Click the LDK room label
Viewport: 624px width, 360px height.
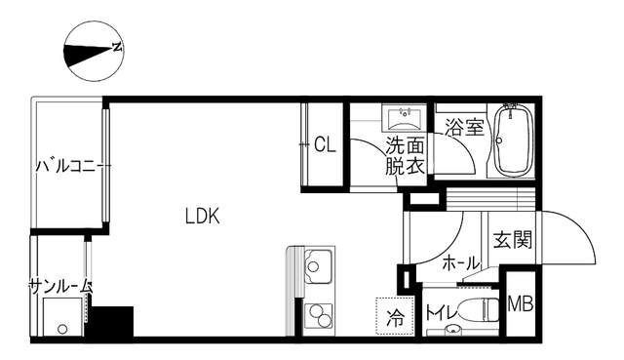(x=202, y=217)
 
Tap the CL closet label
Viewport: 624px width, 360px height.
(x=325, y=144)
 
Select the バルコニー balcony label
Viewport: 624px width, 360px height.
(x=72, y=166)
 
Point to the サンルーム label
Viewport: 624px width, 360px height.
(x=60, y=286)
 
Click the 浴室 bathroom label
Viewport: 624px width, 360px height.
(x=464, y=127)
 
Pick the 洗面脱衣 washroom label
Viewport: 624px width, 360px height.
(x=405, y=156)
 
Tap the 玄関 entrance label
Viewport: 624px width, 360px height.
(x=513, y=239)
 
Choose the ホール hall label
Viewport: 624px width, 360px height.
(x=461, y=263)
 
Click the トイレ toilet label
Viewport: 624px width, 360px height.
(x=442, y=313)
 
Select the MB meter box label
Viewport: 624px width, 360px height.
(x=520, y=305)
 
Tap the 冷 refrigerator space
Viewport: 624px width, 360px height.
(x=396, y=316)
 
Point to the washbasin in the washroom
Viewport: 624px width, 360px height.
(x=404, y=117)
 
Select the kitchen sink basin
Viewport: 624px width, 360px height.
(x=318, y=266)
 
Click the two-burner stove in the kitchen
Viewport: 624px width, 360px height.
(x=319, y=316)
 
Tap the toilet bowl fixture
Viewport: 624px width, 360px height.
(x=479, y=308)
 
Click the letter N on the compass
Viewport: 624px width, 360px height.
(x=117, y=47)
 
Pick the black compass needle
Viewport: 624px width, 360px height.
(x=88, y=55)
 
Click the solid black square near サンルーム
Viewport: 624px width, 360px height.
(x=110, y=321)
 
